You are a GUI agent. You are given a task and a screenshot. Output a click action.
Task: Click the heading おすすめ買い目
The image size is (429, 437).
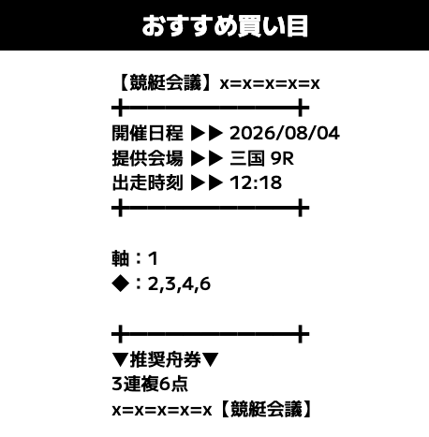click(225, 26)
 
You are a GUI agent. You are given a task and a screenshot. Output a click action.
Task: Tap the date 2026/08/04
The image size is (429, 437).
click(285, 133)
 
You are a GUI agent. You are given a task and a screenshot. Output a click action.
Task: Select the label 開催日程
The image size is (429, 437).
click(147, 133)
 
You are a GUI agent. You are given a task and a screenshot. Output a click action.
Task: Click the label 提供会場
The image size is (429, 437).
click(147, 158)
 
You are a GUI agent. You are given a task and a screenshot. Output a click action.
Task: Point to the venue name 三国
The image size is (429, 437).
click(247, 158)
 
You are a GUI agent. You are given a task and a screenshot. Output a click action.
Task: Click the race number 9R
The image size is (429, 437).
click(282, 158)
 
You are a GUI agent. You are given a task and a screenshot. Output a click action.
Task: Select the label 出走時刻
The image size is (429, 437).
click(147, 182)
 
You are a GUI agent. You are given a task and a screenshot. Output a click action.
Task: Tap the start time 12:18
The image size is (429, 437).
click(256, 183)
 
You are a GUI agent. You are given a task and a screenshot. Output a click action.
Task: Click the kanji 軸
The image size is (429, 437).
click(121, 258)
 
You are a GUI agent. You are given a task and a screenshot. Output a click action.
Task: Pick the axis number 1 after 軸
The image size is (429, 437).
click(153, 259)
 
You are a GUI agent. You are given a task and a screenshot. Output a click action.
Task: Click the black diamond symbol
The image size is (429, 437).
click(121, 284)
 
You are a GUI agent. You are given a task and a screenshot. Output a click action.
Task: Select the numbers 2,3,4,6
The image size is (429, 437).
click(179, 284)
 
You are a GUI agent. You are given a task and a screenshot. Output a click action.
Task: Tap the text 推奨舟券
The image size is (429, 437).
click(166, 359)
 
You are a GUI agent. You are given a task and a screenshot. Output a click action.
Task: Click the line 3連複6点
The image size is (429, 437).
click(150, 384)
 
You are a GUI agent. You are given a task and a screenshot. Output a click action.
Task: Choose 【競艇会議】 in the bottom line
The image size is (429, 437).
click(266, 409)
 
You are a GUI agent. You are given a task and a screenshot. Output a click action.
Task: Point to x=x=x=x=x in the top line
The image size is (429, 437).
click(270, 83)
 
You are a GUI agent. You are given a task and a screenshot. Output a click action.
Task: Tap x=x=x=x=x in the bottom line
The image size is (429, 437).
click(162, 410)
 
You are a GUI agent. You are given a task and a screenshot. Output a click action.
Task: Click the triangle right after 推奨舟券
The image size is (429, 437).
click(210, 360)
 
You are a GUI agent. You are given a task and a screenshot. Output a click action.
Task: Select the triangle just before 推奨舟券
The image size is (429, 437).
click(120, 360)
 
